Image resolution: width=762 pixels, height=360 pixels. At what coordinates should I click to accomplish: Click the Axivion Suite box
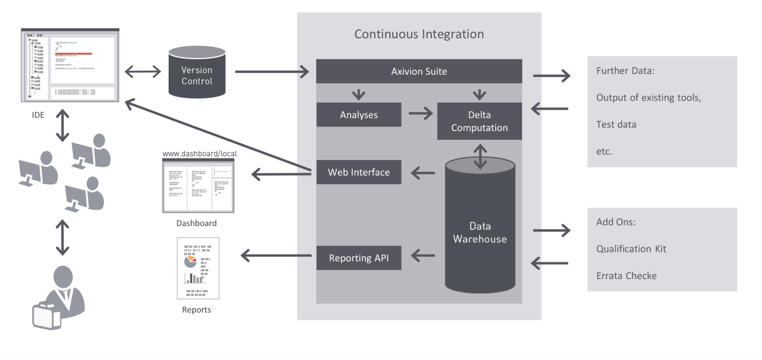(x=419, y=71)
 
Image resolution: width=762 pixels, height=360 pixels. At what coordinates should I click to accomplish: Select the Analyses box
(x=359, y=115)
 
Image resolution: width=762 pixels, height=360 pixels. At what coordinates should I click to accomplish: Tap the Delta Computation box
(x=479, y=121)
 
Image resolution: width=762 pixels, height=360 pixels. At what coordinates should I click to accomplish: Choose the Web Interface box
(x=359, y=172)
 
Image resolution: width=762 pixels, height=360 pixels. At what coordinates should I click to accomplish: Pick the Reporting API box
(x=359, y=258)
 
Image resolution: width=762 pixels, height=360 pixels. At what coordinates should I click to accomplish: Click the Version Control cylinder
(x=197, y=74)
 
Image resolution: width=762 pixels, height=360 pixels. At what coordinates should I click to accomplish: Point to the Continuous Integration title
(x=419, y=34)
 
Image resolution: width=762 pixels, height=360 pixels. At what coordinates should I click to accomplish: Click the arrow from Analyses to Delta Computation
(x=420, y=114)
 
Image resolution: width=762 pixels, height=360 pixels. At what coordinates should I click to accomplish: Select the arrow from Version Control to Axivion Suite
(x=272, y=72)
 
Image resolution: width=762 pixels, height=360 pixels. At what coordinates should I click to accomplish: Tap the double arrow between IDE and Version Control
(x=143, y=72)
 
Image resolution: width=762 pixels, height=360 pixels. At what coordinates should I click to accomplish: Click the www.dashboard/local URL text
(x=200, y=154)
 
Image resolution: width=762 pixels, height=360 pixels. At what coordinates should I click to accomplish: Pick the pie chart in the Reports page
(x=190, y=262)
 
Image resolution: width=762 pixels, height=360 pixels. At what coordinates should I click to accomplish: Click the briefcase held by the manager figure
(x=47, y=317)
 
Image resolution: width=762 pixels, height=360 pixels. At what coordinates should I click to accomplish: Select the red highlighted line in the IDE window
(x=74, y=54)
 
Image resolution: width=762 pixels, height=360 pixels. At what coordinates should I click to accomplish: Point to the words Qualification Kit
(x=631, y=249)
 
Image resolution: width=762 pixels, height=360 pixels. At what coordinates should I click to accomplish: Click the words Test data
(x=616, y=124)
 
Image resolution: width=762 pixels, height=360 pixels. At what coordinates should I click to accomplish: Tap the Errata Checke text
(x=626, y=276)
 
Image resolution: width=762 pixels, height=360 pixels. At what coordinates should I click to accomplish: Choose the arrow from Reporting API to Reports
(x=276, y=256)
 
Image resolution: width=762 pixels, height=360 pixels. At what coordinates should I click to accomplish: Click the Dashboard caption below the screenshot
(x=196, y=223)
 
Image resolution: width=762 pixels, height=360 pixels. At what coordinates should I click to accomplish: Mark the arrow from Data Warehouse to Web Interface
(x=423, y=173)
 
